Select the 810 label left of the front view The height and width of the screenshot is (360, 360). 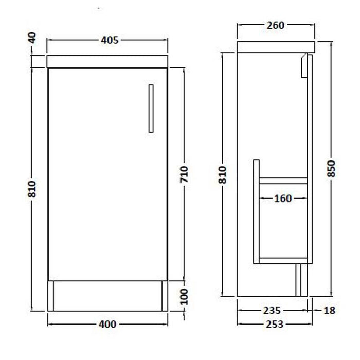coord(32,189)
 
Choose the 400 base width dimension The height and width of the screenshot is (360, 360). coord(107,324)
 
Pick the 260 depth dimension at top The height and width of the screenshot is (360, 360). coord(276,25)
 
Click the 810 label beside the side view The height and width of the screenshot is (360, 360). coord(222,175)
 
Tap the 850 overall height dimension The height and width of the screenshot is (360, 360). coord(331,169)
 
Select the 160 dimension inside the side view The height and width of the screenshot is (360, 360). coord(283,199)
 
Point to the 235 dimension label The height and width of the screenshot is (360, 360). coord(271,310)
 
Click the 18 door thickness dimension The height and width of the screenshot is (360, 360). coord(330,310)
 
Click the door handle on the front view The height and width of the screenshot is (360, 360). coord(151,108)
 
